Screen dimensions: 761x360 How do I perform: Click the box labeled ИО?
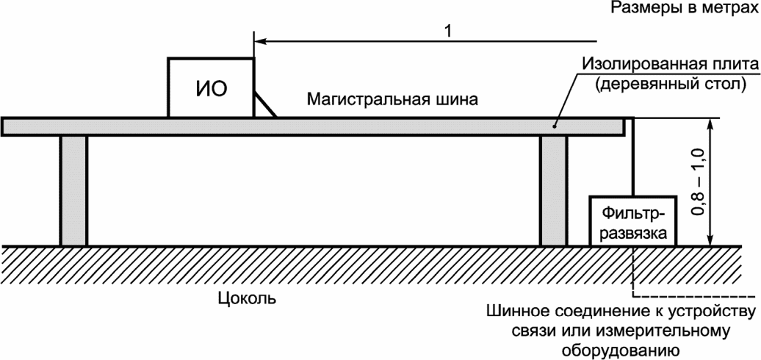pyautogui.click(x=211, y=88)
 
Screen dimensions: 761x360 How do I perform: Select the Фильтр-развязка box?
pyautogui.click(x=632, y=220)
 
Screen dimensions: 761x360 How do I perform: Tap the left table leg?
pyautogui.click(x=73, y=191)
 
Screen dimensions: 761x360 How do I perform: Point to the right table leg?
pyautogui.click(x=553, y=191)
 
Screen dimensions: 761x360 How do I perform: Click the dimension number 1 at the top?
pyautogui.click(x=447, y=31)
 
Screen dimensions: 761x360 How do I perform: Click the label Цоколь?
pyautogui.click(x=247, y=298)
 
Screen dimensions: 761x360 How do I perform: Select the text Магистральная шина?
pyautogui.click(x=393, y=100)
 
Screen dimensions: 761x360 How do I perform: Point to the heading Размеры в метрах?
pyautogui.click(x=684, y=8)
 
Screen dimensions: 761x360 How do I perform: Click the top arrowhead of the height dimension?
pyautogui.click(x=710, y=124)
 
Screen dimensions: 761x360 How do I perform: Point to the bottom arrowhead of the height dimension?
pyautogui.click(x=710, y=240)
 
